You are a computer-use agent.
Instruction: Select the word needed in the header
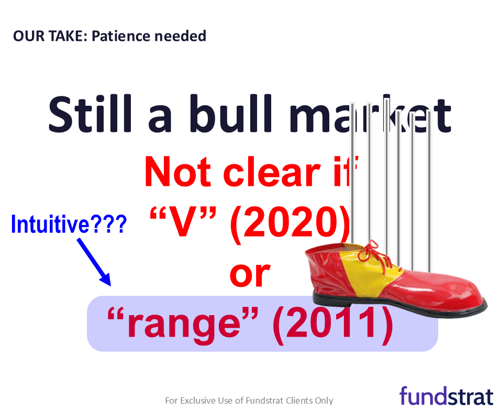(180, 36)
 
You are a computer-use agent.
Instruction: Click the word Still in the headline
(90, 114)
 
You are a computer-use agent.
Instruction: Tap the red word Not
(177, 172)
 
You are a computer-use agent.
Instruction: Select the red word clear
(272, 172)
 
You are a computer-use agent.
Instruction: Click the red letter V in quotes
(182, 221)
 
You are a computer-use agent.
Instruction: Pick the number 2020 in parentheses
(290, 221)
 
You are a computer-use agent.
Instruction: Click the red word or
(250, 275)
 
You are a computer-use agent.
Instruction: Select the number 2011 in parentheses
(332, 322)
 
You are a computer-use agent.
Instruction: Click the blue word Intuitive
(50, 224)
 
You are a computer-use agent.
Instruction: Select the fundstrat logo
(446, 396)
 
